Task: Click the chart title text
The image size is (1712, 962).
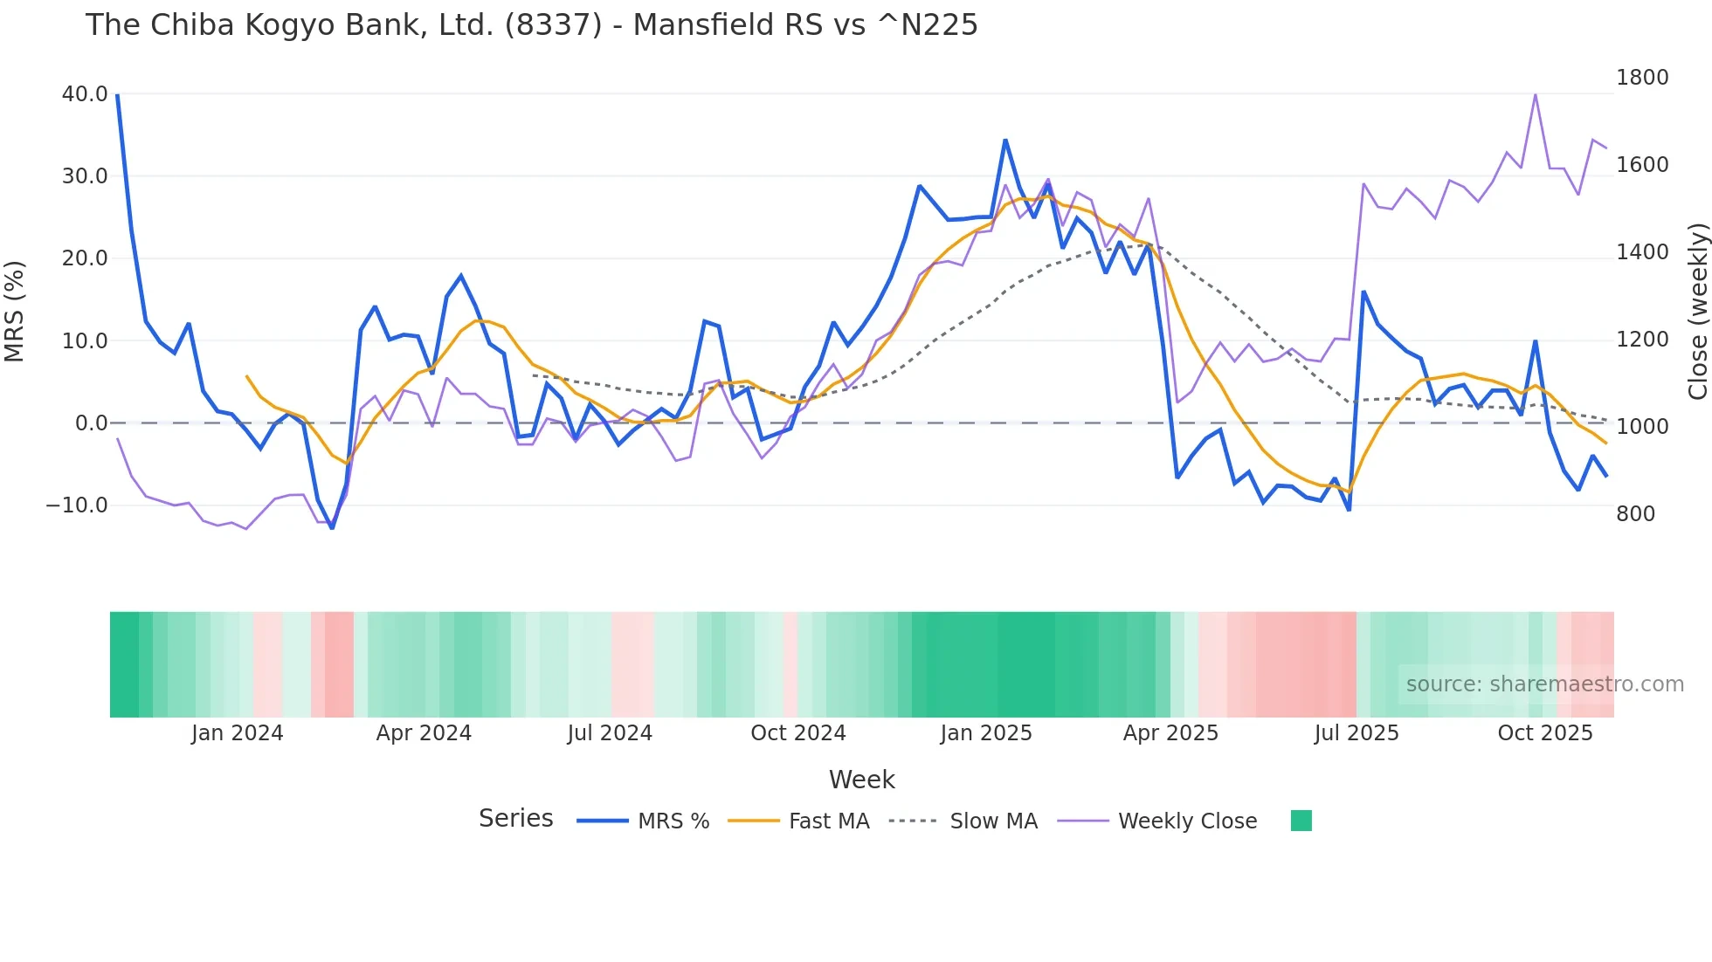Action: (531, 24)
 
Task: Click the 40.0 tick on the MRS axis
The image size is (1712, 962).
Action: (85, 93)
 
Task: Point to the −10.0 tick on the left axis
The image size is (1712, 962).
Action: (77, 505)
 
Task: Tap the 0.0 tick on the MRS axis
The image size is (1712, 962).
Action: (91, 423)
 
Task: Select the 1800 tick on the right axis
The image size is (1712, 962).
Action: (1641, 78)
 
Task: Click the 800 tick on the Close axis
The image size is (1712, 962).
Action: (1635, 513)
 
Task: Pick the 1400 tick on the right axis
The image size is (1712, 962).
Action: (1641, 252)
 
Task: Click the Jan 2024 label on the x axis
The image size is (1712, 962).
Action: (237, 733)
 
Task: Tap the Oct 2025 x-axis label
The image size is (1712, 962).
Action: (1544, 733)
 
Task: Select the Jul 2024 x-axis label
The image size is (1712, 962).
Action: (610, 733)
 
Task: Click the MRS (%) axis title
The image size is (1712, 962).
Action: (15, 311)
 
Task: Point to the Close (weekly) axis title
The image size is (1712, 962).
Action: (1697, 312)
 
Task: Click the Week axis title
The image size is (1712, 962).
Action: (861, 780)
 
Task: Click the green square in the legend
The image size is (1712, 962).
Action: (1301, 821)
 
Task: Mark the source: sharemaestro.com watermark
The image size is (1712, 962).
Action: (1544, 684)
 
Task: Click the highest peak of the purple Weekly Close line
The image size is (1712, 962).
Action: (1535, 93)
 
